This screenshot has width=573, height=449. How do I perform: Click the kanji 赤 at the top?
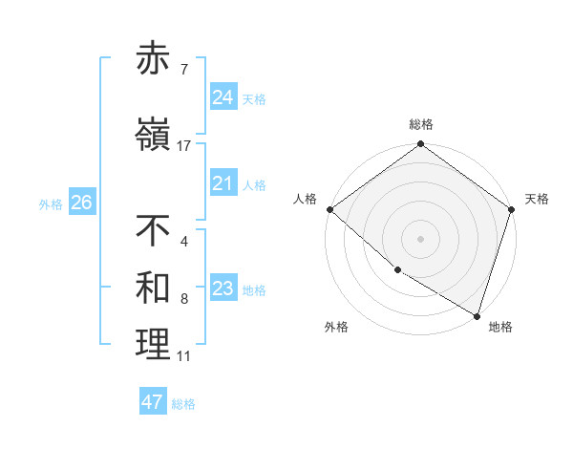tap(154, 58)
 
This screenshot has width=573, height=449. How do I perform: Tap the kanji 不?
tap(154, 230)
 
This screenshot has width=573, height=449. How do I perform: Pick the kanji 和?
tap(154, 288)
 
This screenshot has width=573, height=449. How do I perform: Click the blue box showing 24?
tap(223, 97)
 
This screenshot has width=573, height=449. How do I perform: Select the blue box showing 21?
tap(223, 183)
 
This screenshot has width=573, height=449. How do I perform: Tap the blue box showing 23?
tap(223, 289)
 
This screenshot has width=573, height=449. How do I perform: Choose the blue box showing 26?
tap(81, 203)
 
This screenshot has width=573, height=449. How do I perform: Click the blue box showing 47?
tap(153, 402)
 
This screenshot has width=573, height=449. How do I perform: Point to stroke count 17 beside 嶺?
tap(184, 146)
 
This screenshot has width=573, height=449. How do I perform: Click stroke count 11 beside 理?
tap(183, 356)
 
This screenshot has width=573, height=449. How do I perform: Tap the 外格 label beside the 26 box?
tap(51, 203)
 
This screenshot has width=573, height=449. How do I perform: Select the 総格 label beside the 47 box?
tap(184, 404)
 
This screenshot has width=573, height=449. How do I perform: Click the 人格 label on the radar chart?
tap(306, 199)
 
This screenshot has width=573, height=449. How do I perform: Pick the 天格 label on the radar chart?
tap(537, 199)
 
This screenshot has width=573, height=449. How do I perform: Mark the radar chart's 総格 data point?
tap(420, 145)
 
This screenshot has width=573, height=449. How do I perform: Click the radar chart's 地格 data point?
tap(477, 315)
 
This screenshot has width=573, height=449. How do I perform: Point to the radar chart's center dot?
tap(420, 238)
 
